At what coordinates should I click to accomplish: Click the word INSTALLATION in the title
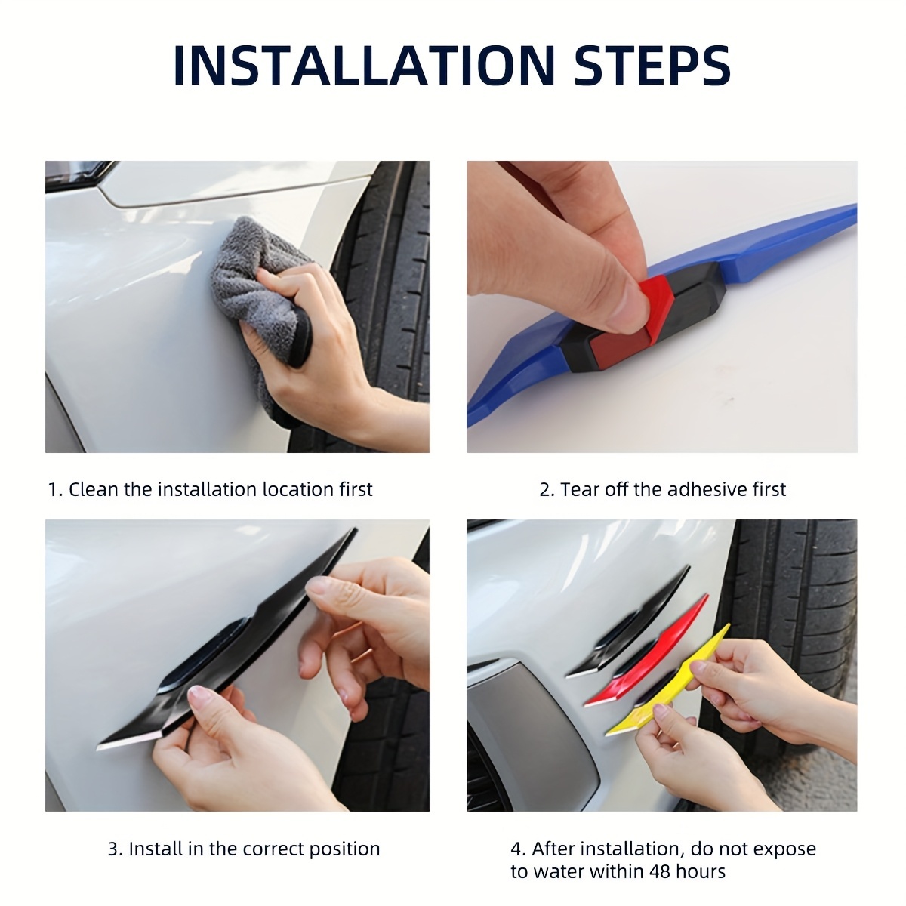point(365,66)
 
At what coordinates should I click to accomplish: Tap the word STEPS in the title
point(652,66)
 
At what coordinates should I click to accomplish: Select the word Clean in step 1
point(93,489)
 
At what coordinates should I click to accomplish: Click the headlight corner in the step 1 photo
point(78,175)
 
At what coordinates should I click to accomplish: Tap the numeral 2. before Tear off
point(547,490)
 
